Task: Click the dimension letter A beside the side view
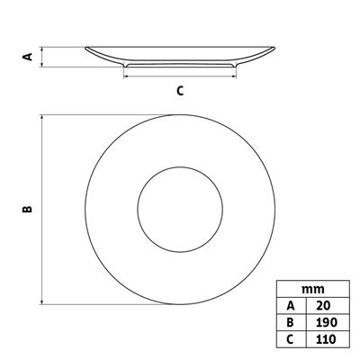point(28,57)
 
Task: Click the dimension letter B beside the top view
point(27,209)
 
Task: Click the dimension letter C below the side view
point(180,91)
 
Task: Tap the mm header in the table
point(313,289)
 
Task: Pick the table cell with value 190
point(328,322)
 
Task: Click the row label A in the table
point(291,306)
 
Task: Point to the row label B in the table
point(290,322)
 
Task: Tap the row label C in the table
point(290,339)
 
